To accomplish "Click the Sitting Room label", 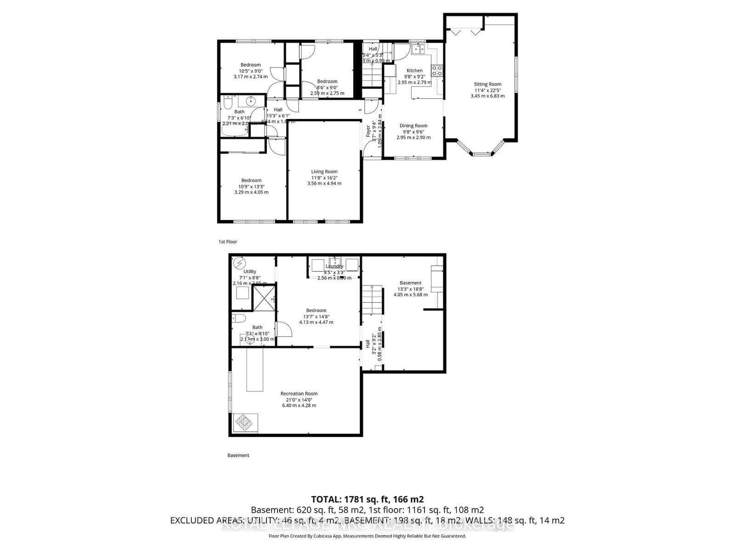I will tap(487, 84).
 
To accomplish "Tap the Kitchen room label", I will tap(414, 71).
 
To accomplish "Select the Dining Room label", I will tap(413, 126).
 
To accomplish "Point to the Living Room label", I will tap(324, 172).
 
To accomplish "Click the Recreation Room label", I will tap(299, 394).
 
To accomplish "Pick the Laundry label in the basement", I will tap(334, 266).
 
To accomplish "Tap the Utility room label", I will tap(250, 271).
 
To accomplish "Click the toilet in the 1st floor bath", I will tap(227, 103).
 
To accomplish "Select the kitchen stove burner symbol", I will tap(437, 71).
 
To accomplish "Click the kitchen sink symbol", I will tap(418, 48).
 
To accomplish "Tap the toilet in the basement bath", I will tap(238, 318).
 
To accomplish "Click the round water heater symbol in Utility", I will tap(239, 264).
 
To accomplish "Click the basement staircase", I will tap(372, 299).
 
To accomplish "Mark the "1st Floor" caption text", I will tap(228, 242).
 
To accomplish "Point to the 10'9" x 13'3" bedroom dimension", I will tap(251, 186).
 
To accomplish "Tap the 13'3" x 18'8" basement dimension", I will tap(410, 289).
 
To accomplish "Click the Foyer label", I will tap(368, 131).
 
